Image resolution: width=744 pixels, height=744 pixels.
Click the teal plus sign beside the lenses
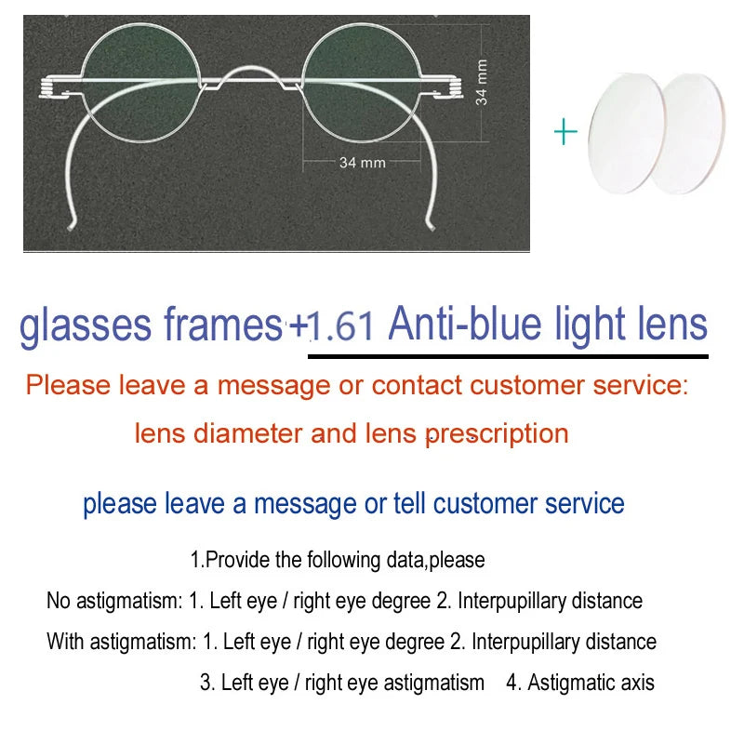tap(565, 132)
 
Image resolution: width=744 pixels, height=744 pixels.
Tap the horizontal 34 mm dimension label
tap(362, 163)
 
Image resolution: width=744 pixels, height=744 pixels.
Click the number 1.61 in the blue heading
tap(342, 326)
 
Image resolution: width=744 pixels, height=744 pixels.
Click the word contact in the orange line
tap(415, 385)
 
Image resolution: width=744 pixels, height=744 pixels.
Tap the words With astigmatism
tap(121, 642)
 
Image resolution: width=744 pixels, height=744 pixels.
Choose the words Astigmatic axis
tap(591, 683)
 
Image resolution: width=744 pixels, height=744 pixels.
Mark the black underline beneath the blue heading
tap(508, 355)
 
